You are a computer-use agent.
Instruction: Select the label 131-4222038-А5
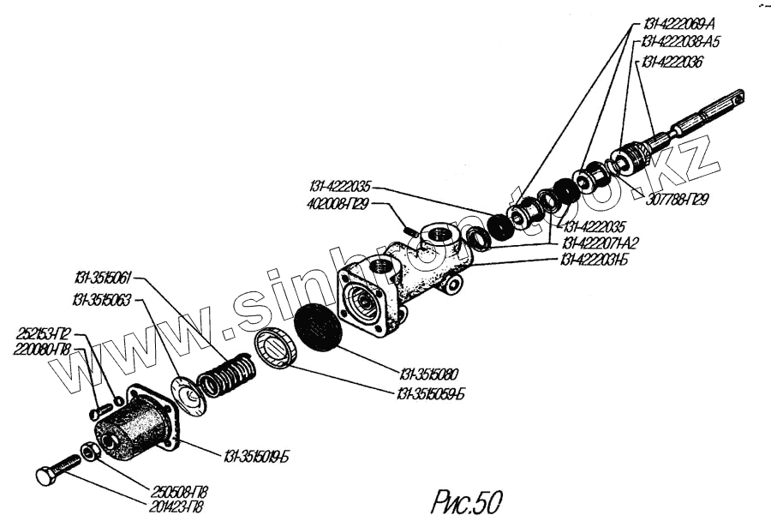coord(680,42)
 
